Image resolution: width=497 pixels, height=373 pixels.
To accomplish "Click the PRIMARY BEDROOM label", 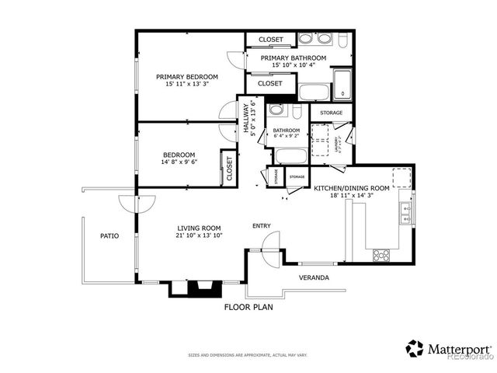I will coord(186,77).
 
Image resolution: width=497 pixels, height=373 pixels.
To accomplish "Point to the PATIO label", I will coord(109,235).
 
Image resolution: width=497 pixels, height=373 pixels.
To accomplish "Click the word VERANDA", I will coord(314,277).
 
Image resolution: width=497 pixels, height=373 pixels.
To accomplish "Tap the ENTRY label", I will coord(262,226).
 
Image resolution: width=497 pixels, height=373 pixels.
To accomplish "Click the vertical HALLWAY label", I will coord(246,120).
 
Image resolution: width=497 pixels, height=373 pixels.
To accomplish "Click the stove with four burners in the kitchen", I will coord(381,253).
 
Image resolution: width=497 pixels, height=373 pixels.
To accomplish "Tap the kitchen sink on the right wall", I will coord(405,211).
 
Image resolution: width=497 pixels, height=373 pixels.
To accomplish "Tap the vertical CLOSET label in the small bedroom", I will coord(229,168).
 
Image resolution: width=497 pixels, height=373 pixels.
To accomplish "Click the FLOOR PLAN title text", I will coord(248,307).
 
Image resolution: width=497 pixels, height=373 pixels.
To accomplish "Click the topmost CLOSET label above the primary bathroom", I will coord(269,39).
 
